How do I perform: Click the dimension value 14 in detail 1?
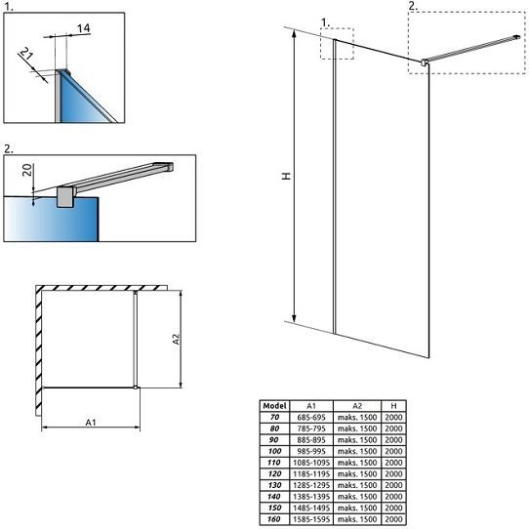(83, 28)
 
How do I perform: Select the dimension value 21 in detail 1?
(26, 54)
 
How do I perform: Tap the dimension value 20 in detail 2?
(27, 170)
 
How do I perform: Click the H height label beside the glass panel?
(286, 176)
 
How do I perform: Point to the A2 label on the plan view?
(176, 339)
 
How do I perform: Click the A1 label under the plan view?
(91, 422)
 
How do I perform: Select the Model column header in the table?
(274, 406)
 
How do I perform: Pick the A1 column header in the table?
(311, 406)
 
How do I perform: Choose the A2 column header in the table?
(357, 406)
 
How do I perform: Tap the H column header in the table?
(393, 406)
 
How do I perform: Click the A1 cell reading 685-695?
(311, 418)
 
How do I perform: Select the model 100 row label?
(274, 451)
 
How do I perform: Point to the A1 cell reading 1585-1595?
(311, 519)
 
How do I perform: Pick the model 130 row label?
(274, 485)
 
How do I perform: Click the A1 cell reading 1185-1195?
(311, 473)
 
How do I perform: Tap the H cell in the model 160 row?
(393, 519)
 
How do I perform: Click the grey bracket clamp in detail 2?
(64, 197)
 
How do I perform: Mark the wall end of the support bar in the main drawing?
(517, 37)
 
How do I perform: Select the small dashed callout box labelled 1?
(337, 44)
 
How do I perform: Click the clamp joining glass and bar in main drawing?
(425, 62)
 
